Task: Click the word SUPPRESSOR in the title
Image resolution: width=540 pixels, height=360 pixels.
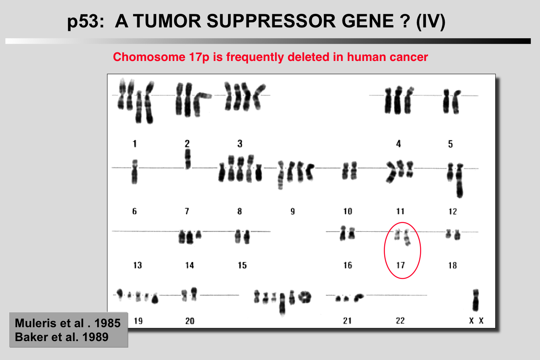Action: point(271,21)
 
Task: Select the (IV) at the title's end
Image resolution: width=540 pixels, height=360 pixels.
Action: point(430,22)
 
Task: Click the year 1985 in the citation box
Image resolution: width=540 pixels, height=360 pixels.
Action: point(107,323)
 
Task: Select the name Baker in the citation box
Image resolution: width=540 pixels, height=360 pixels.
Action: point(32,337)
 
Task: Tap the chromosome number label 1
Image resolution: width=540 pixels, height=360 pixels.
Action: point(135,144)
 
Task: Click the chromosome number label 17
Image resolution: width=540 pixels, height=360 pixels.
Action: point(400,265)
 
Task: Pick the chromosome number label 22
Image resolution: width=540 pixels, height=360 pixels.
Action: point(400,321)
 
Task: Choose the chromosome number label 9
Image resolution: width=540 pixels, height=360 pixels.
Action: point(292,211)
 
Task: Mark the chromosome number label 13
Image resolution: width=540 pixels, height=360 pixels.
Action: point(137,265)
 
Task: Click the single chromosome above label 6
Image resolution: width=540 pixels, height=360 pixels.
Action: point(135,172)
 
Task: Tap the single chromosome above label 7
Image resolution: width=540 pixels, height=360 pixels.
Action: point(187,159)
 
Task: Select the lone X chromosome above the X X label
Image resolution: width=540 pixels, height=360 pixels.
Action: point(475,300)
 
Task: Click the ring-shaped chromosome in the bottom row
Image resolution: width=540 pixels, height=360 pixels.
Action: point(305,297)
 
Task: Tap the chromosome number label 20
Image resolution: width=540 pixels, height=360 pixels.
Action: point(190,321)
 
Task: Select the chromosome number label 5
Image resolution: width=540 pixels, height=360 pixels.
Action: point(451,144)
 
